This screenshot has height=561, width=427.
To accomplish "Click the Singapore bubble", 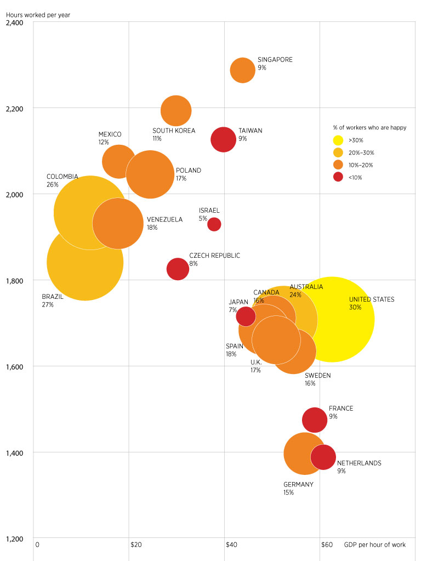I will (242, 70).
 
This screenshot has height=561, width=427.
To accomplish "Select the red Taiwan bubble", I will (223, 139).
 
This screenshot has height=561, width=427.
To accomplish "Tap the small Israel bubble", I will (214, 224).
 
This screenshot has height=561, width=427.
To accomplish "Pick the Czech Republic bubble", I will (178, 269).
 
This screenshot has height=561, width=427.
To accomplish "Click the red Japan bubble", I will (246, 316).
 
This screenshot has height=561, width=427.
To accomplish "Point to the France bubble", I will (315, 420).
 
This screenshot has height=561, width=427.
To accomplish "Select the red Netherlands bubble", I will (323, 457).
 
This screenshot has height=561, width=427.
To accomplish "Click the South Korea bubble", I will (176, 110).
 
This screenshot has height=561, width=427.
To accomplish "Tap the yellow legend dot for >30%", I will (338, 140).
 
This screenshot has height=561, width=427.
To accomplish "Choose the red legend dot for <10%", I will (338, 177).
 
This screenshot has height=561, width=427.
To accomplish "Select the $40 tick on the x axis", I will (231, 545).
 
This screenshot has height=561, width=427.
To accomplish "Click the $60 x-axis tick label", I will (327, 545).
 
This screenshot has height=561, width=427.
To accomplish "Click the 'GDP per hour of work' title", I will (375, 545).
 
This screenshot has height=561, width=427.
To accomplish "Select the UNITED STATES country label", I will (371, 299).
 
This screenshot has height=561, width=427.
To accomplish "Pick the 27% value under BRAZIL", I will (48, 304).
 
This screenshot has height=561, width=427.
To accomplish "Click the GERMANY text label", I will (298, 484).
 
